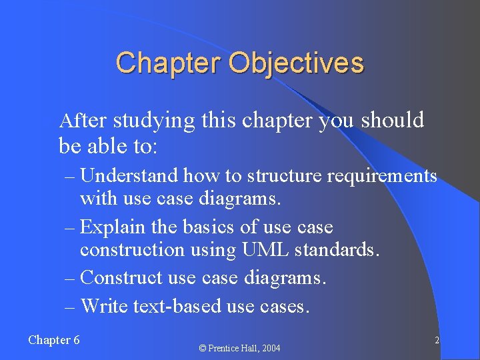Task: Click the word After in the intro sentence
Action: coord(83,121)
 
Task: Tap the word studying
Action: coord(154,121)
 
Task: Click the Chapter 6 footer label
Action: coord(54,340)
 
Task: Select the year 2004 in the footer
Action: coord(270,348)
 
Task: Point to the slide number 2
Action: coord(437,341)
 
